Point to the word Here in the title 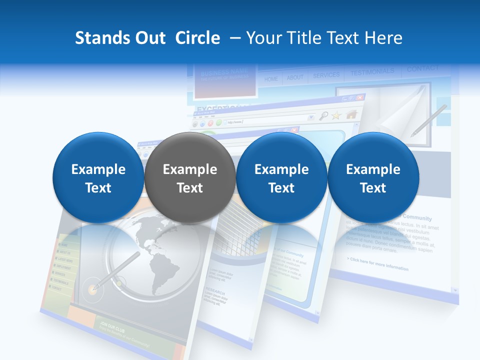click(x=383, y=38)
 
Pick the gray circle click(x=189, y=178)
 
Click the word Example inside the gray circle click(x=190, y=169)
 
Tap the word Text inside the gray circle click(x=190, y=188)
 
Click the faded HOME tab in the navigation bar click(x=271, y=79)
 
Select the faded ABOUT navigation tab click(x=295, y=77)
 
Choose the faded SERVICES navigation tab click(x=326, y=75)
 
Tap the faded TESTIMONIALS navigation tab click(x=372, y=72)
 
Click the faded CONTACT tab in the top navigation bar click(x=422, y=68)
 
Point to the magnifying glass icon click(x=323, y=116)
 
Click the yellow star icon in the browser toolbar click(x=336, y=115)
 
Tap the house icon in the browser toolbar click(x=351, y=114)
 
